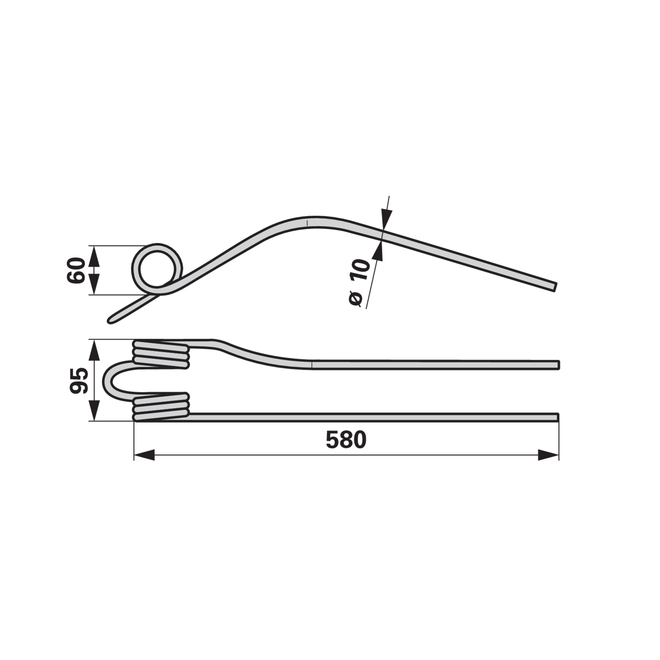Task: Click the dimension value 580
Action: [x=346, y=440]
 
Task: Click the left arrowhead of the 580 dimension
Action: [x=144, y=455]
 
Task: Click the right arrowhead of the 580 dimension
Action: [x=549, y=455]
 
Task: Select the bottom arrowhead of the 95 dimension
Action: [x=94, y=411]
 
